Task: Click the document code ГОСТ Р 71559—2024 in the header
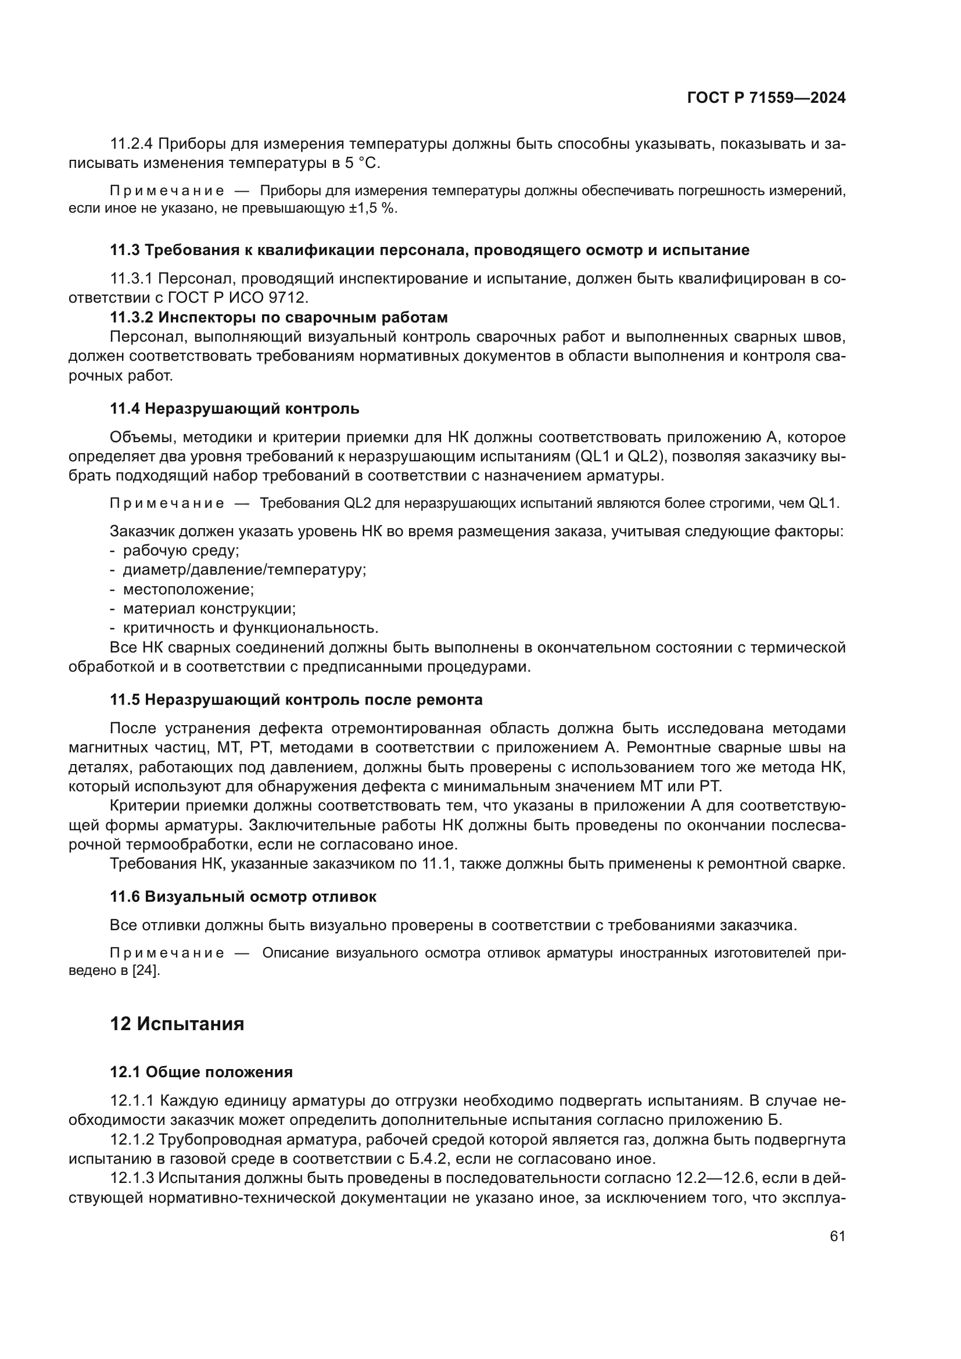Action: coord(766,98)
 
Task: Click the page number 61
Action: coord(837,1236)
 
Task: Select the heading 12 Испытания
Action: coord(177,1024)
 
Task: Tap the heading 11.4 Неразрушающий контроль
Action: coord(234,408)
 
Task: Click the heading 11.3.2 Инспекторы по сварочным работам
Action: coord(279,317)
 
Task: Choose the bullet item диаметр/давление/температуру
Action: coord(245,570)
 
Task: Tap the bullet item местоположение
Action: coord(188,589)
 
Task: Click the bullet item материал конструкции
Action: coord(210,608)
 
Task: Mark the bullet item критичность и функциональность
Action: coord(250,627)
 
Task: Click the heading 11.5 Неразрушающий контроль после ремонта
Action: coord(296,700)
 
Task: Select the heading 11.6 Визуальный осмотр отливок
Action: coord(243,897)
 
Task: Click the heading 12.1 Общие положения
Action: coord(201,1072)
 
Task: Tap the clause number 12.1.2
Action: coord(132,1139)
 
